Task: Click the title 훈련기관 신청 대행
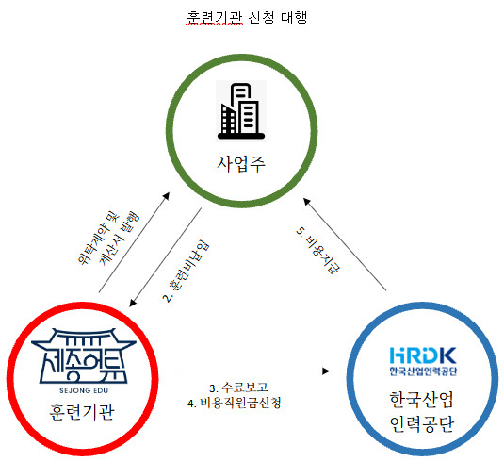(x=249, y=17)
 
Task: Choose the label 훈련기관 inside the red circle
(x=74, y=412)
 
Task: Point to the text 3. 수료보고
(x=240, y=388)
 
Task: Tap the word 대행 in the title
(x=295, y=17)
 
